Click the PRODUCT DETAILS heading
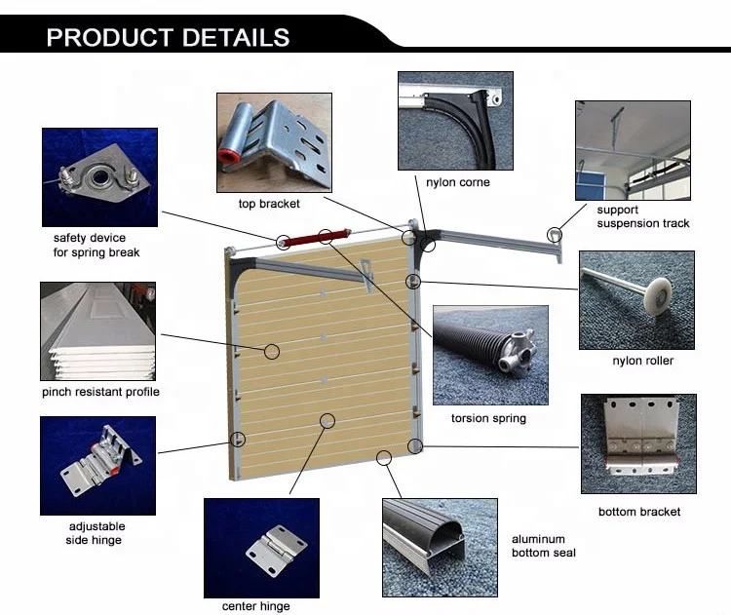(x=168, y=38)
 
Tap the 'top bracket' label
(x=269, y=204)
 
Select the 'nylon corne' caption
(x=458, y=182)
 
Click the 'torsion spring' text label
(x=488, y=418)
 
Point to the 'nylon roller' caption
(x=642, y=361)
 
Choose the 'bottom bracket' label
(x=638, y=512)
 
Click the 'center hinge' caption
(x=255, y=606)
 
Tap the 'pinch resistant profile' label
(x=100, y=392)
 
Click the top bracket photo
(x=274, y=142)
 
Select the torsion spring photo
(x=490, y=355)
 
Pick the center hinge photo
(x=260, y=547)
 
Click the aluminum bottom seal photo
(x=440, y=547)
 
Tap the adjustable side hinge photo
(x=97, y=465)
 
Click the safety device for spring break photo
(x=98, y=177)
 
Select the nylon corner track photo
(x=454, y=120)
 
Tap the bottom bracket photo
(x=637, y=443)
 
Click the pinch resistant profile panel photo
(x=97, y=331)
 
